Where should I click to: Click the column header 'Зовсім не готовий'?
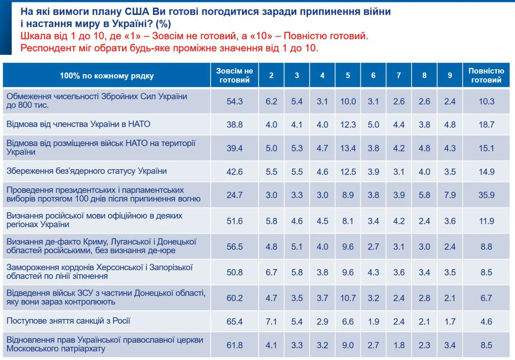point(235,75)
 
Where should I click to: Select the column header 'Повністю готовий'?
point(486,75)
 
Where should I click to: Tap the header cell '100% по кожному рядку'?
point(107,76)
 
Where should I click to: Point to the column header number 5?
point(348,75)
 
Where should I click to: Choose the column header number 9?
point(450,75)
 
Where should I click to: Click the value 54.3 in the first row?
point(235,101)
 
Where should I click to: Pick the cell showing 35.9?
point(486,195)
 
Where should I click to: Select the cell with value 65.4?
point(235,321)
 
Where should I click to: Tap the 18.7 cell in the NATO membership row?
point(486,125)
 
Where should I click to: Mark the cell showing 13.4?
point(348,148)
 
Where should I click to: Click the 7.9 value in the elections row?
point(450,195)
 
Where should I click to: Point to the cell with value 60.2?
point(235,298)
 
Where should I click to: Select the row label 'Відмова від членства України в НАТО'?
point(78,124)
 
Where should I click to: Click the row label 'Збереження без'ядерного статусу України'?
point(87,171)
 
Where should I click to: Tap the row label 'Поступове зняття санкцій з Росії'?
point(68,321)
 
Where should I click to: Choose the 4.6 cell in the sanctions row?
point(486,321)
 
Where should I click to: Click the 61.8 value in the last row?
point(235,345)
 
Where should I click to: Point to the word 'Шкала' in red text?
point(35,36)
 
